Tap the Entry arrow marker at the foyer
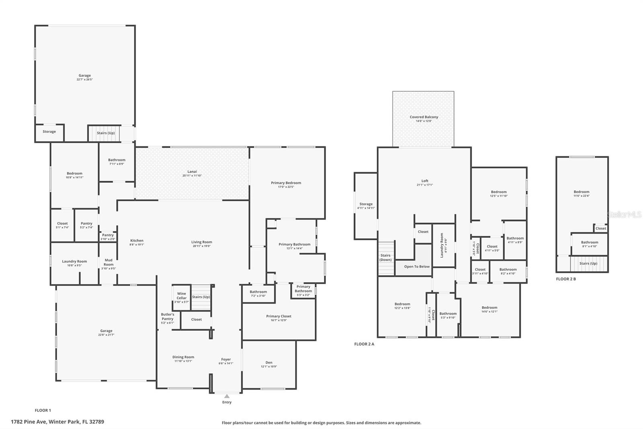point(227,396)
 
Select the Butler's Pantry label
point(168,316)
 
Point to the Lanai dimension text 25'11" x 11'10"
point(192,175)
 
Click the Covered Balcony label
point(424,117)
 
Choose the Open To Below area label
point(417,266)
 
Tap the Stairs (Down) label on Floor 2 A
point(385,258)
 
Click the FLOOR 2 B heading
point(566,279)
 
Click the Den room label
point(269,363)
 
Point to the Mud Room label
point(109,262)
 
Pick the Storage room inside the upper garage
point(49,132)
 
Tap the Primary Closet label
point(278,316)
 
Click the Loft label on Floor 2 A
point(425,181)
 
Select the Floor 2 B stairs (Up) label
point(588,264)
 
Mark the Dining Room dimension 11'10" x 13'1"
point(183,361)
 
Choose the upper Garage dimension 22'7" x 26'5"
point(84,80)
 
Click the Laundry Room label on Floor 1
point(74,262)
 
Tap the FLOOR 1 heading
point(43,410)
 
